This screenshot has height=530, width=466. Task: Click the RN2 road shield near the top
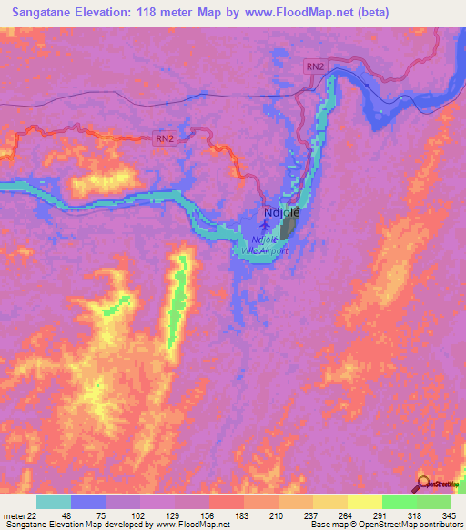point(315,66)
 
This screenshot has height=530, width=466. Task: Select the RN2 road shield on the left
point(164,138)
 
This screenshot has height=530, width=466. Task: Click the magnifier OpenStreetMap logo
point(425,483)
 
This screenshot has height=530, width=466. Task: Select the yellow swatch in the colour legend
point(364,502)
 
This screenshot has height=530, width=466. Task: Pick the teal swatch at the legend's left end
point(53,502)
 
